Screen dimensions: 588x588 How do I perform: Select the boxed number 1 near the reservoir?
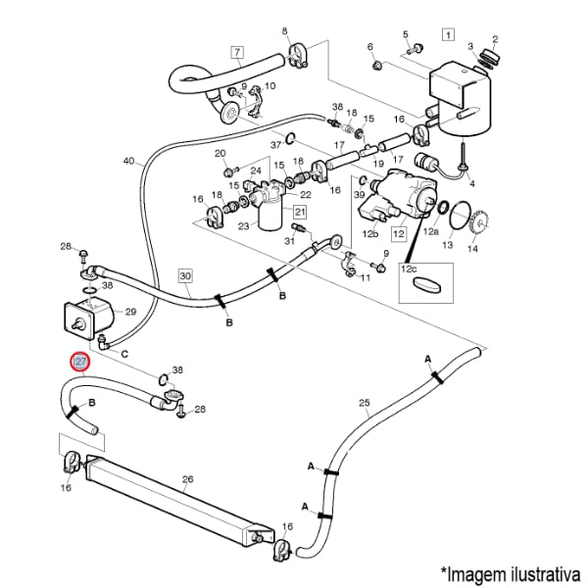448,35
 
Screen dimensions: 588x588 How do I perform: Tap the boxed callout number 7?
236,51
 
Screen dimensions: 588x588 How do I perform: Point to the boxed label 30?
185,275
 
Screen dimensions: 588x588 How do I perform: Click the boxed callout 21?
299,213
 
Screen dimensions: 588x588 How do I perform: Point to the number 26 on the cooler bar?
188,479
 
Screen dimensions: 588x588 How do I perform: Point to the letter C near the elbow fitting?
124,351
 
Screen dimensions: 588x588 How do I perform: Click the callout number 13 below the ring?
446,246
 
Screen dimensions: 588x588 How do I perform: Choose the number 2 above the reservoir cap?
495,40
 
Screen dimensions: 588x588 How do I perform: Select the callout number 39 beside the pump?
358,196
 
